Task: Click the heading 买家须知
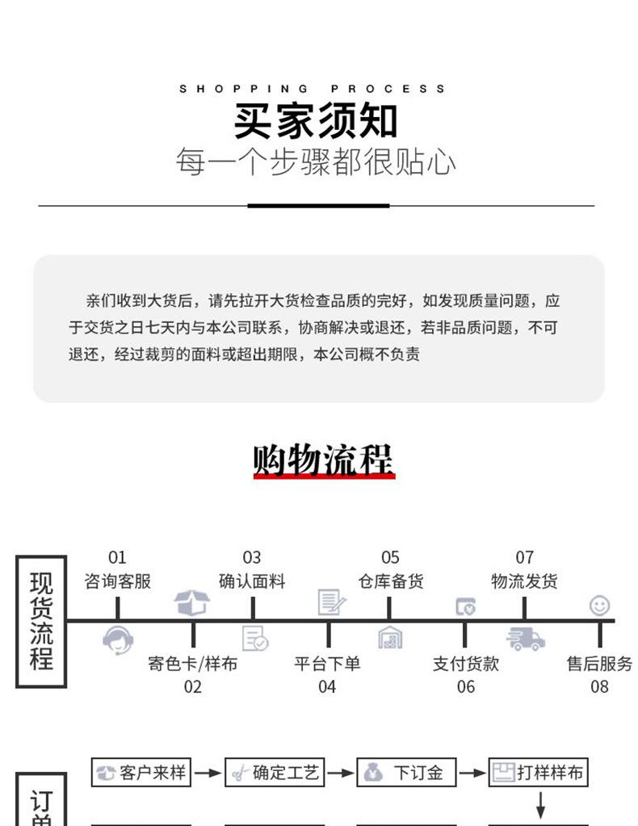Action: [316, 121]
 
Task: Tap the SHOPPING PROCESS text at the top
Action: [312, 89]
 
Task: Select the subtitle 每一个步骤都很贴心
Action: [316, 162]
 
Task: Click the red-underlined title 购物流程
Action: [323, 460]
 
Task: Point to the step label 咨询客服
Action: [117, 581]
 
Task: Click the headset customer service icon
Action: [118, 639]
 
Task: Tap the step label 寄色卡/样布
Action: [192, 664]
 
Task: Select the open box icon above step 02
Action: [192, 602]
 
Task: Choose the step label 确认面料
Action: [252, 581]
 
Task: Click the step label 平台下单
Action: [327, 664]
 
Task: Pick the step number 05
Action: [390, 558]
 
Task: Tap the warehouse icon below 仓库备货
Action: [390, 639]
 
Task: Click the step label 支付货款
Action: [466, 664]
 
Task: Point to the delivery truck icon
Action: [525, 639]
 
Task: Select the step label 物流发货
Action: [524, 581]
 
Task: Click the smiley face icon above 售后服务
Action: [599, 606]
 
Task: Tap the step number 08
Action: [599, 687]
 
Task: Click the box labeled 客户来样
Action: [141, 773]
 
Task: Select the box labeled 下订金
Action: [406, 773]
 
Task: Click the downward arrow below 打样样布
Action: [540, 804]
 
